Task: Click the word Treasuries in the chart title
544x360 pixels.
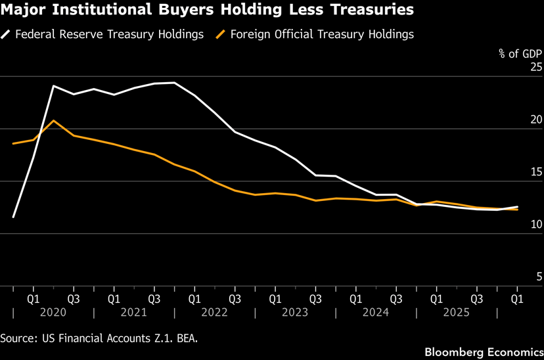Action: [372, 9]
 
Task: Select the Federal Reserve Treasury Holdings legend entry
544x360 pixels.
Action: [102, 34]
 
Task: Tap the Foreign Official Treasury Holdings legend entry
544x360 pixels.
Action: [315, 34]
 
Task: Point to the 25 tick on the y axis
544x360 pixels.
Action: [536, 66]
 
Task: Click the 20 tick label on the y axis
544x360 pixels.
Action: [536, 120]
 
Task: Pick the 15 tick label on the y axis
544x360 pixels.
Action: [536, 171]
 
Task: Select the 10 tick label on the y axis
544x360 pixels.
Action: [536, 224]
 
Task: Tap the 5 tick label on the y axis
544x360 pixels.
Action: [539, 277]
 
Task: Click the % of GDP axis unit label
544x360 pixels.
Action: [520, 53]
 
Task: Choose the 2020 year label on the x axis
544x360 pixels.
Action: [53, 312]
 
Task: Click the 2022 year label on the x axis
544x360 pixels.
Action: [214, 312]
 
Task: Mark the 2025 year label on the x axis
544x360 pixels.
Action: [456, 312]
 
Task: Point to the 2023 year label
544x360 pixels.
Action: [295, 312]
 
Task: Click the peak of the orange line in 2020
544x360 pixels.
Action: [53, 121]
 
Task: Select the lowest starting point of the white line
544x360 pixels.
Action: [13, 217]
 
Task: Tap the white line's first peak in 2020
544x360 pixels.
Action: [53, 85]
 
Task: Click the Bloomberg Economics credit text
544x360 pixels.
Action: [484, 352]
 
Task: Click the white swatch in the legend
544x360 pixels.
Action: [5, 34]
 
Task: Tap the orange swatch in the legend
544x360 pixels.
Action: [221, 34]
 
